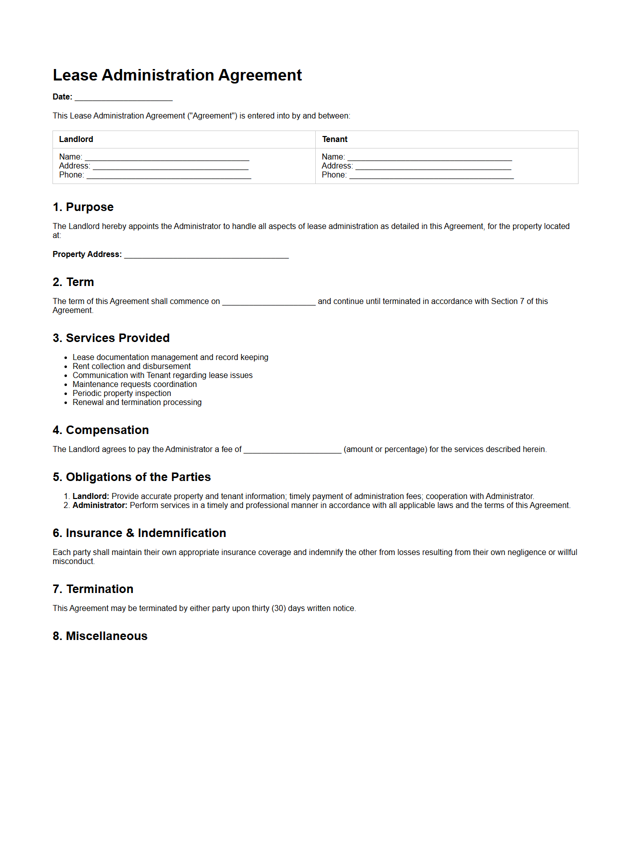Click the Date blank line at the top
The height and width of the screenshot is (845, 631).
tap(123, 97)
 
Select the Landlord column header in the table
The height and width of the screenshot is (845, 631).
tap(76, 139)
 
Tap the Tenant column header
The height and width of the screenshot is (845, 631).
tap(335, 139)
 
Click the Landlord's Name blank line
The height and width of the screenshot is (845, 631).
tap(167, 157)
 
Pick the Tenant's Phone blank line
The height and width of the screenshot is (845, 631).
tap(431, 175)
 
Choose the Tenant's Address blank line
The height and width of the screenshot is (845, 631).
tap(433, 166)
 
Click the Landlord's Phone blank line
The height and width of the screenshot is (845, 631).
tap(169, 175)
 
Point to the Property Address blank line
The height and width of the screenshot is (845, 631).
tap(206, 255)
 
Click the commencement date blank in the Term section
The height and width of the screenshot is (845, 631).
tap(269, 302)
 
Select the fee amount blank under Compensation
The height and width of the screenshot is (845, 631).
tap(292, 450)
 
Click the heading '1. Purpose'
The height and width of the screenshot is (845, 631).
tap(83, 207)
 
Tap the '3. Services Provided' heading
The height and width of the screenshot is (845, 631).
tap(111, 338)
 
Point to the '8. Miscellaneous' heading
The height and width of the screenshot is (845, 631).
tap(100, 636)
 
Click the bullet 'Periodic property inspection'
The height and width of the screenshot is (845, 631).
tap(122, 393)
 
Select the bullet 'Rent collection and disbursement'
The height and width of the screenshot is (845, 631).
tap(131, 366)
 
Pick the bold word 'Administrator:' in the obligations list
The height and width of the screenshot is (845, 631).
tap(100, 505)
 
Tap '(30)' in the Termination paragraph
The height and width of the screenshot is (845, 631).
tap(279, 608)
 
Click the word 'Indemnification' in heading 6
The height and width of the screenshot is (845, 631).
tap(182, 533)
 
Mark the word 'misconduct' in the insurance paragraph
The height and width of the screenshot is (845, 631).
tap(73, 561)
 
